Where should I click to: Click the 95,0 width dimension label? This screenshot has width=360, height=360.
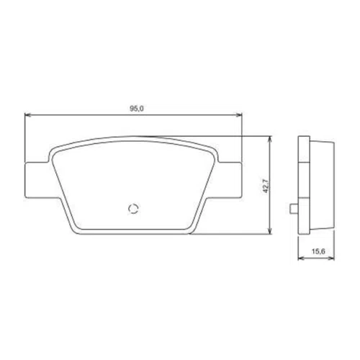(137, 109)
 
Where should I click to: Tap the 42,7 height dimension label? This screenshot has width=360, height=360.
(266, 186)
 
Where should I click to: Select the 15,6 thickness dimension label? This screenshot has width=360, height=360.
(318, 251)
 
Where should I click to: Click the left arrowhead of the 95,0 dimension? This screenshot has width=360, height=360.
(28, 115)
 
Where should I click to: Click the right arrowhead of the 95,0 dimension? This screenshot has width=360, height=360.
(239, 115)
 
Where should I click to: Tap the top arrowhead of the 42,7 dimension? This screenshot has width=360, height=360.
(271, 139)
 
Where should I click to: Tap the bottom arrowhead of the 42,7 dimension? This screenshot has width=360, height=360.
(271, 231)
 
